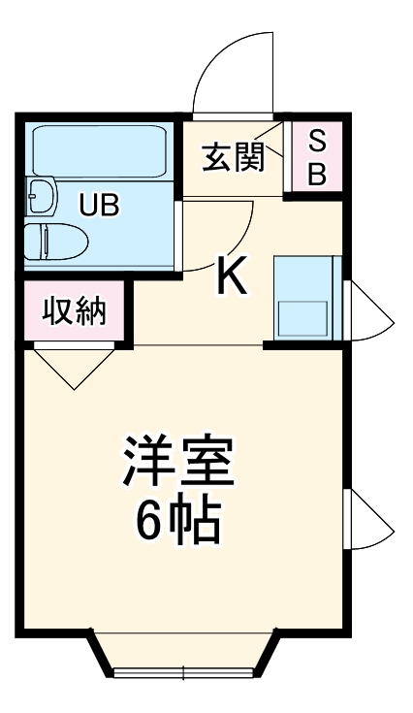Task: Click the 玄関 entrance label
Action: pos(233,157)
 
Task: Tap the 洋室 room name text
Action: pos(177,462)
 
